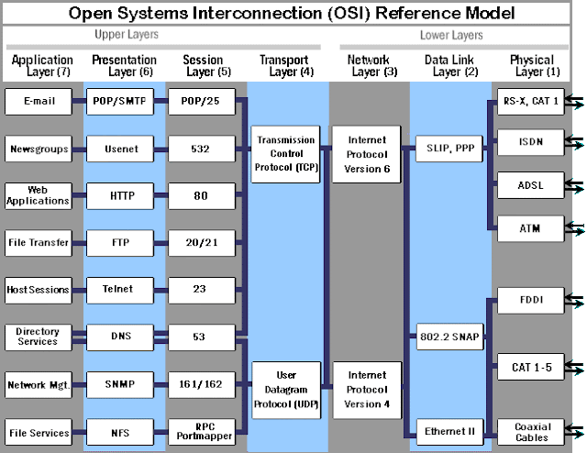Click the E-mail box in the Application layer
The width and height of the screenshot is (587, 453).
pos(38,101)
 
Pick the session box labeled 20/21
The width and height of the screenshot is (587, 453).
pos(201,242)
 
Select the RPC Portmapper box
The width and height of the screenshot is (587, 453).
pos(201,432)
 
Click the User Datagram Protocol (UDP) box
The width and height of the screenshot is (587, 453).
pos(283,389)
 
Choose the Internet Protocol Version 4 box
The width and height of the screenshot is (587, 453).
pos(367,389)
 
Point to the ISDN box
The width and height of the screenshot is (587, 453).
pos(529,141)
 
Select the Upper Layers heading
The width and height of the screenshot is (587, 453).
pos(127,35)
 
